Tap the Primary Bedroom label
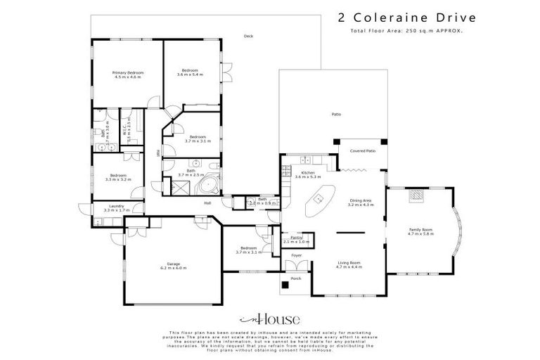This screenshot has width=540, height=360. pos(129,72)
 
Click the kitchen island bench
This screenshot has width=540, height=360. pos(319,202)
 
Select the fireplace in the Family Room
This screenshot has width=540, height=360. pos(417,196)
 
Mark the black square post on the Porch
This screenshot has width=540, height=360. pos(284,285)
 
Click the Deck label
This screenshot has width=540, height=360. pos(247,37)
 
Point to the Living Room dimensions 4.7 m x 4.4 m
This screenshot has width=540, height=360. pos(348,267)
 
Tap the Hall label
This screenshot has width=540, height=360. pos(208,203)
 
